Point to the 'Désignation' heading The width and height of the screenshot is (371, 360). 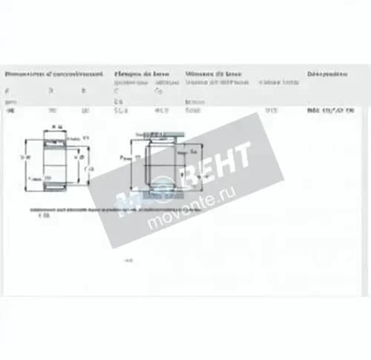point(327,75)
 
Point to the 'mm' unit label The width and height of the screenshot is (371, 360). point(10,100)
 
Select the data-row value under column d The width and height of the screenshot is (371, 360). point(10,111)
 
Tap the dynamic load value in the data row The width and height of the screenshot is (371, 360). point(119,111)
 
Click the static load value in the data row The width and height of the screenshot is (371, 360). point(160,111)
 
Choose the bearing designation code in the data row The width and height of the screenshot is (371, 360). point(329,111)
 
